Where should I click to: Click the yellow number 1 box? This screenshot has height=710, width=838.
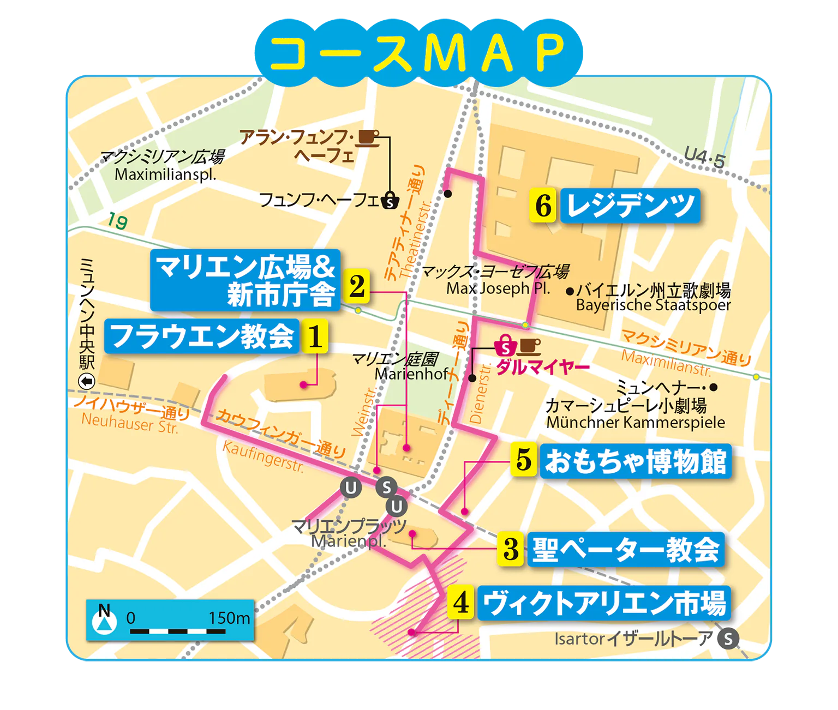(315, 336)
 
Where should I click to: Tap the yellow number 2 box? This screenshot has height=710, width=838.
(357, 285)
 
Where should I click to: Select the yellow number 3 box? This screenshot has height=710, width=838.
(511, 549)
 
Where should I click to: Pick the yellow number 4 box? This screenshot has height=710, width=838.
(461, 603)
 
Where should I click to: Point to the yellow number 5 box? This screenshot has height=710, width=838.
(523, 460)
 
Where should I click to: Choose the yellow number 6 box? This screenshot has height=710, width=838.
(543, 206)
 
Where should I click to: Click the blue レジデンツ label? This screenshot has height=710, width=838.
(630, 206)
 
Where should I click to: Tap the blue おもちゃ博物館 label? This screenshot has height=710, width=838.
(636, 461)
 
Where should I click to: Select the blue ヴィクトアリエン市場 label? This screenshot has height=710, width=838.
(604, 603)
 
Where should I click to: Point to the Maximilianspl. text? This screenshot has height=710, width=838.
(165, 175)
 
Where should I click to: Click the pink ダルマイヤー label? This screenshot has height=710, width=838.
(543, 367)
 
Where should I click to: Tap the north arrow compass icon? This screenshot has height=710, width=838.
(104, 620)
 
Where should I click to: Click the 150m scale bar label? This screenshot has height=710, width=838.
(229, 618)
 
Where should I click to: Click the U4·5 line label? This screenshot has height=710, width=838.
(704, 159)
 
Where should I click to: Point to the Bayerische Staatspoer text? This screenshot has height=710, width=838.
(653, 305)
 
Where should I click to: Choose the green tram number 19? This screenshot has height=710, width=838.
(117, 221)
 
